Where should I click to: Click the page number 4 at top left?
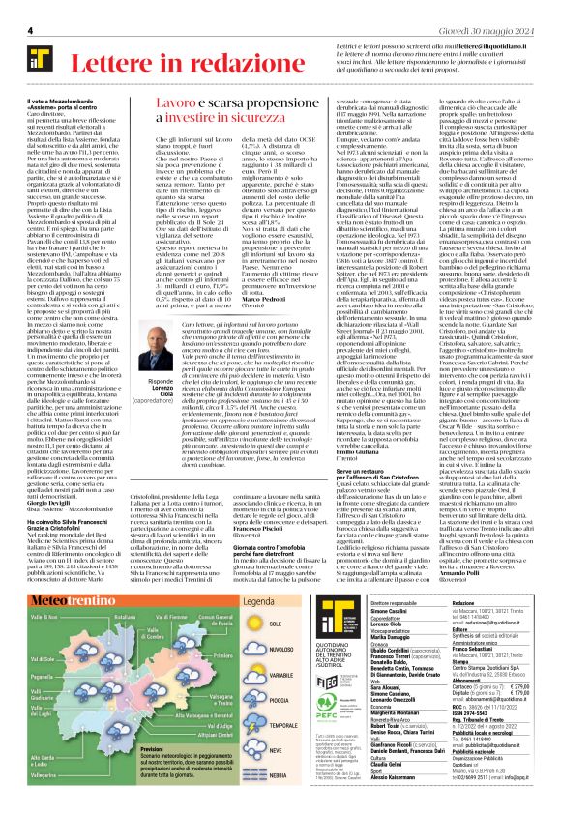pyautogui.click(x=31, y=31)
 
